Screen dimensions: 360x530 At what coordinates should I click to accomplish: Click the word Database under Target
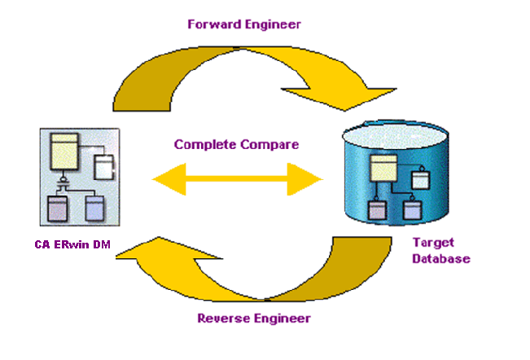[x=440, y=259]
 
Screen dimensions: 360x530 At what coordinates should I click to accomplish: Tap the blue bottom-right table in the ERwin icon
[x=95, y=208]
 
